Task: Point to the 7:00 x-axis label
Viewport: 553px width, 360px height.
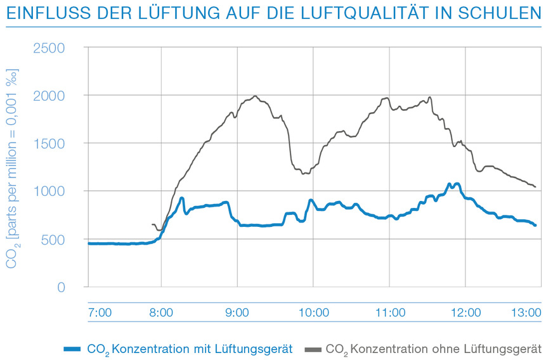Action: (x=100, y=312)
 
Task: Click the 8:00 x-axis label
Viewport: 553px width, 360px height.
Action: (x=162, y=312)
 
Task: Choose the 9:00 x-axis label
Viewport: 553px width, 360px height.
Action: (x=238, y=312)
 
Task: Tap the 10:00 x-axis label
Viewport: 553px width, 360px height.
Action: (x=314, y=312)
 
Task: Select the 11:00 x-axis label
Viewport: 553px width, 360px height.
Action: (x=390, y=312)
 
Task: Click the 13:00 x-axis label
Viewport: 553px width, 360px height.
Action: (x=527, y=312)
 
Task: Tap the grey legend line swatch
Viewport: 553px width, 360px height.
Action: (x=313, y=349)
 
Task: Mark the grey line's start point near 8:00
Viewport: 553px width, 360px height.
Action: (x=152, y=224)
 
